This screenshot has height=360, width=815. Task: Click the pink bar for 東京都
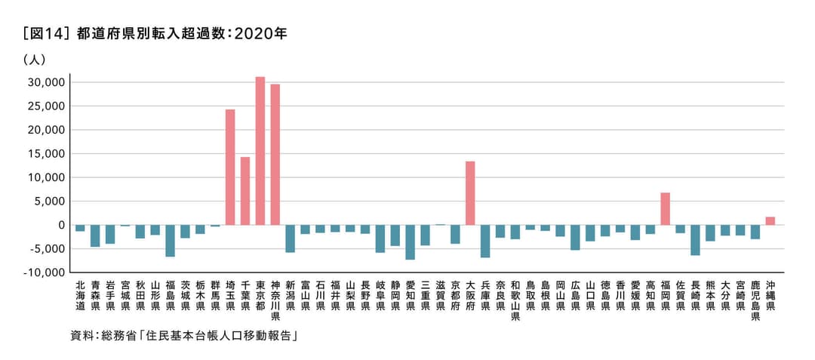260,151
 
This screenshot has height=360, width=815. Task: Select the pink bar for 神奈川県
275,155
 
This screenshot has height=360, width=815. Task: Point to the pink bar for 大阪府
470,193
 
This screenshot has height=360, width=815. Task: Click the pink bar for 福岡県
665,209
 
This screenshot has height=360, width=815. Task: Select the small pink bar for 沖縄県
770,221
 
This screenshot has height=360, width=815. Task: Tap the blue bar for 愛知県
411,242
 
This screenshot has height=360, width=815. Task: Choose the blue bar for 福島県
171,241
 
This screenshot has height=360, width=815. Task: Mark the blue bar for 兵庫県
485,242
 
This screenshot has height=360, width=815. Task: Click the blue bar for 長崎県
695,240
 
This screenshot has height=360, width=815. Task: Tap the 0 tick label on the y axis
62,225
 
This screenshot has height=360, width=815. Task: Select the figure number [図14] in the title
47,34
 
